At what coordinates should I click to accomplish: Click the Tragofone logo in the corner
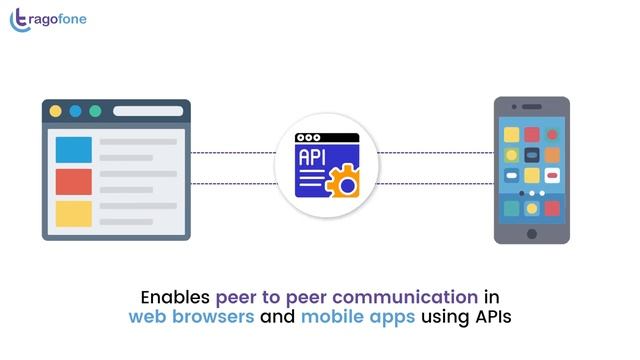tap(48, 19)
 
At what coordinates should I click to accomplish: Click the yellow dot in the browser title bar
tap(55, 111)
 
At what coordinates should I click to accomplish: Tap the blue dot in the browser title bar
tap(75, 111)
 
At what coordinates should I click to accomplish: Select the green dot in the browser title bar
tap(95, 111)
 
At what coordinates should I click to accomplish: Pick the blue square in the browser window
tap(73, 149)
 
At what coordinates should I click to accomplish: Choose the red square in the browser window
tap(73, 182)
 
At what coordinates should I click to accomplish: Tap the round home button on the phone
tap(532, 234)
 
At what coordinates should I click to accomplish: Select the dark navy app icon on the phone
tap(511, 175)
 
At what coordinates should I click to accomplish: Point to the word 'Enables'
tap(175, 297)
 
